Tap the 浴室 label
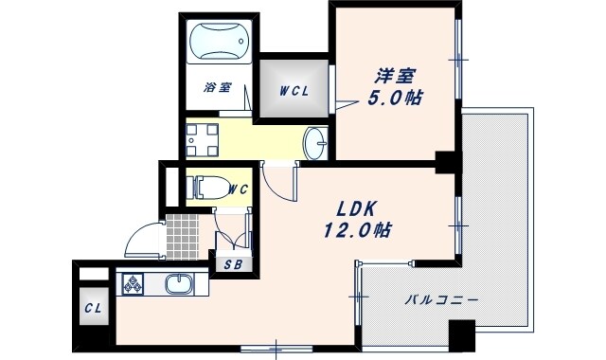coord(218,88)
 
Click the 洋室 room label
coord(393,75)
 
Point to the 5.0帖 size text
coord(395,97)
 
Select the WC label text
coord(238,189)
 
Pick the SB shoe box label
coord(233,265)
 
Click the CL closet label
coord(93,310)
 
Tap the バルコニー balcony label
coord(440,300)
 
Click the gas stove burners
coord(131,283)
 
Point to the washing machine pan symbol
coord(201,139)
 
